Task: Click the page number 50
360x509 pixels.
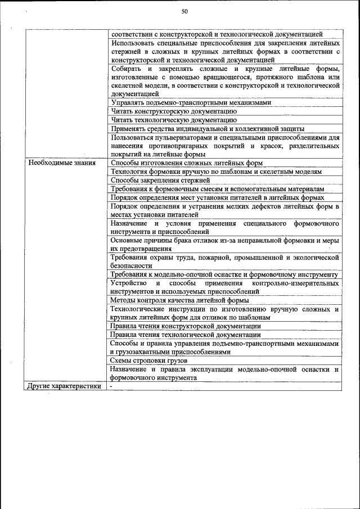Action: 184,12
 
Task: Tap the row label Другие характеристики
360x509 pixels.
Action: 64,386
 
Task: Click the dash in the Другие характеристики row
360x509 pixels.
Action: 112,386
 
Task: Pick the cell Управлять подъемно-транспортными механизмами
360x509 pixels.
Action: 191,102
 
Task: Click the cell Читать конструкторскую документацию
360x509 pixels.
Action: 173,111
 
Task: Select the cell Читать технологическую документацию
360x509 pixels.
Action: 173,120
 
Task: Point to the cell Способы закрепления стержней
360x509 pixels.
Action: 160,180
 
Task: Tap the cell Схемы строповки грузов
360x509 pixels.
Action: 148,360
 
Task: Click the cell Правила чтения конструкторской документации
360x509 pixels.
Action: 186,326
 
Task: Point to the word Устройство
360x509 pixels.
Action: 129,283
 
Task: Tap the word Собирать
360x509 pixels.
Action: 127,68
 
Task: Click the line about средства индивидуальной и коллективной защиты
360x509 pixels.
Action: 208,128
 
